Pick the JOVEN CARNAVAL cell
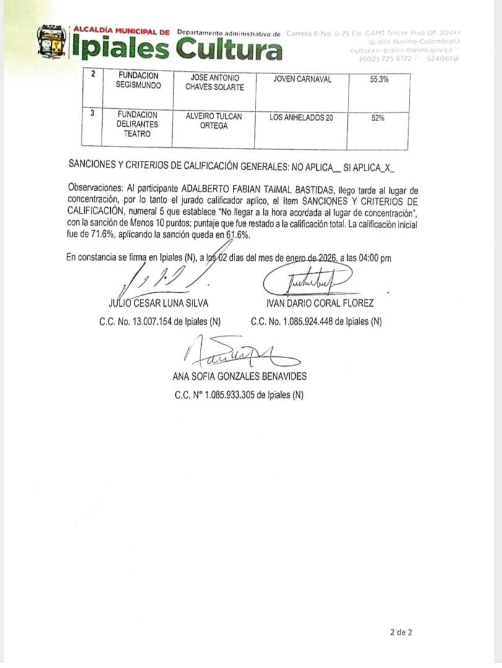[x=301, y=79]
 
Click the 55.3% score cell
[x=378, y=79]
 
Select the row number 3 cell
[x=93, y=114]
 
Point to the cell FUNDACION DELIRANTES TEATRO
[x=137, y=124]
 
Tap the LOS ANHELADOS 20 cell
[x=301, y=118]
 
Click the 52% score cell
[x=378, y=118]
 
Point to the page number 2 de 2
[x=401, y=632]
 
